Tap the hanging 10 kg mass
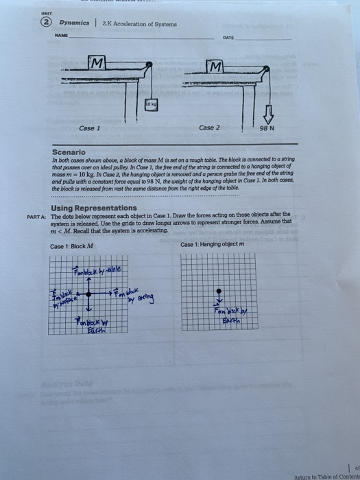click(150, 104)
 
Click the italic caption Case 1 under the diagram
click(89, 128)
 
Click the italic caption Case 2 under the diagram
click(209, 128)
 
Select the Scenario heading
click(69, 152)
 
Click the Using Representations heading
click(94, 207)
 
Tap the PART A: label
click(36, 216)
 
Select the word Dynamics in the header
click(73, 23)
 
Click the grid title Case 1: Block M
click(71, 246)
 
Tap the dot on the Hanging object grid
click(219, 291)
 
